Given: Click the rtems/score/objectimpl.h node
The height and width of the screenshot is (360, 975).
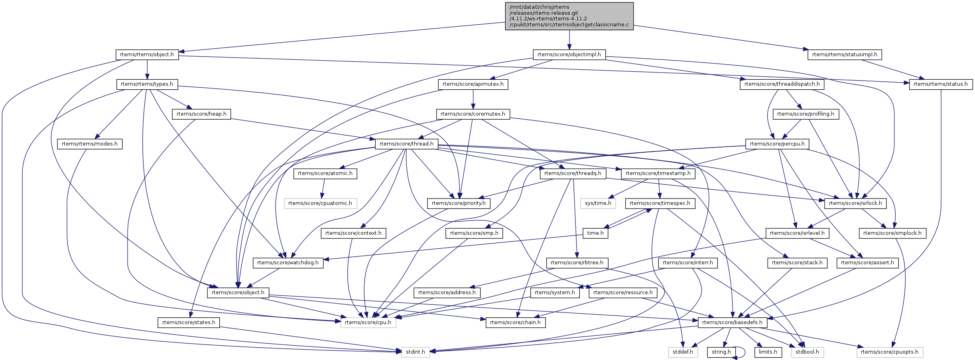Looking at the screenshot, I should (x=569, y=55).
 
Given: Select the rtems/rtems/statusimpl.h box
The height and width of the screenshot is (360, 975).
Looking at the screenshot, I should (x=844, y=55).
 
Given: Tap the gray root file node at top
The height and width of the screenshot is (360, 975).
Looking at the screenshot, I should (x=569, y=16).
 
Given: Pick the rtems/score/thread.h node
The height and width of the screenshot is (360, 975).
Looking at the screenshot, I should (x=406, y=144).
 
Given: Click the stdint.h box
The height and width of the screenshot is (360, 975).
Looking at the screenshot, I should (x=415, y=352).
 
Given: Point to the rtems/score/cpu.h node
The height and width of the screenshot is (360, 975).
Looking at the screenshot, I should (x=368, y=323).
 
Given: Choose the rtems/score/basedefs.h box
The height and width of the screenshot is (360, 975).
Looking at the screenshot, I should (x=732, y=323).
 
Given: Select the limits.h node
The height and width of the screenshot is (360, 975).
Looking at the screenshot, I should (x=768, y=352).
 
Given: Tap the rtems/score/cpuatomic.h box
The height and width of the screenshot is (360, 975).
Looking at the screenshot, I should (x=320, y=203).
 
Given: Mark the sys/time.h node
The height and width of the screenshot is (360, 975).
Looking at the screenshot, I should (x=598, y=203).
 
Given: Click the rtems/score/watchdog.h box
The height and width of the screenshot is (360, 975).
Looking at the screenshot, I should (x=288, y=263).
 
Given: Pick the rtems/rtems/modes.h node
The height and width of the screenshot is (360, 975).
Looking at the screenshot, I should (x=90, y=144).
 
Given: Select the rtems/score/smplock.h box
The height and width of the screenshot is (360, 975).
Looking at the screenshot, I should (x=892, y=233).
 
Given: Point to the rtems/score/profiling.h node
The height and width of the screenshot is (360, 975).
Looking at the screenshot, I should (x=806, y=114).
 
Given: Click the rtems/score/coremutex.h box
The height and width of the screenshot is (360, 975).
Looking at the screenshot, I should (x=473, y=114).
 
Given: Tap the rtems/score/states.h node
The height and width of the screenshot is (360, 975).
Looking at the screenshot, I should (x=189, y=323).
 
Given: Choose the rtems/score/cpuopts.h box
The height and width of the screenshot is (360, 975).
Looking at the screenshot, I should (x=889, y=352).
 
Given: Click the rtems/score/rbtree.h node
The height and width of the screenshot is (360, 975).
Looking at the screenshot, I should (x=577, y=263).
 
